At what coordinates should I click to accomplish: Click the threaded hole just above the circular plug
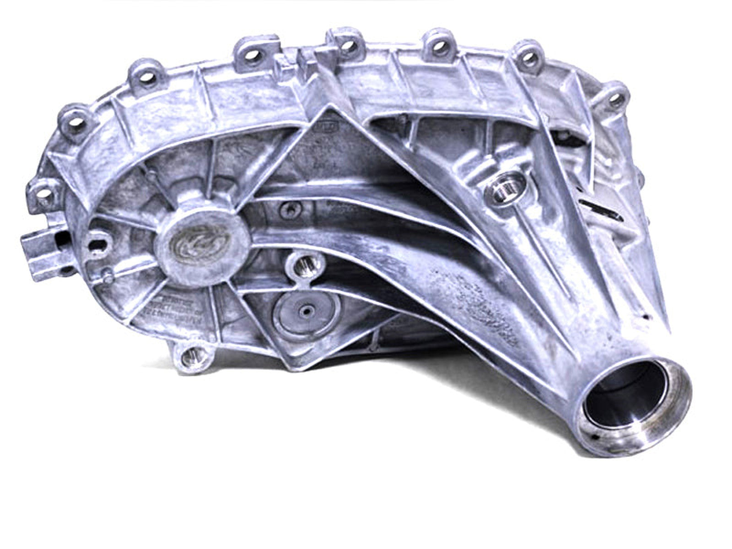click(x=302, y=265)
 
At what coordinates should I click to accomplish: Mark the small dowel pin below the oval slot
click(x=107, y=275)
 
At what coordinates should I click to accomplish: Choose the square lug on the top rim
click(x=304, y=59)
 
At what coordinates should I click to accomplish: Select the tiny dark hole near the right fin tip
click(x=646, y=316)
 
